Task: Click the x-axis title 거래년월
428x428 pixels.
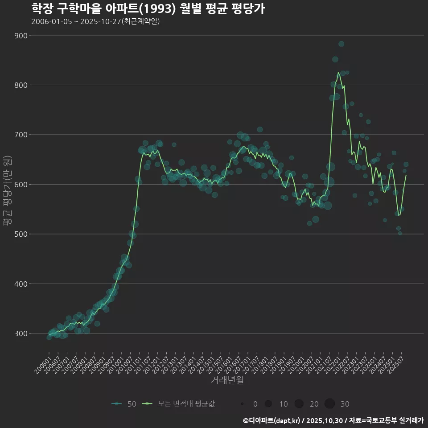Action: click(227, 380)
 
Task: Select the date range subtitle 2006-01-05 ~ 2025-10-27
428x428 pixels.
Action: click(95, 21)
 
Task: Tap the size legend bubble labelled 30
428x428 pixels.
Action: click(329, 404)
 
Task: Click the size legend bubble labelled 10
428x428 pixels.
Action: click(268, 404)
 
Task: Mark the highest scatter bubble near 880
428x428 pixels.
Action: click(341, 44)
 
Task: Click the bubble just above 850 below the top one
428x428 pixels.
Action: click(335, 59)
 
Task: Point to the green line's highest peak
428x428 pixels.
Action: click(338, 73)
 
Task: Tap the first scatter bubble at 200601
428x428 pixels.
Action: click(49, 337)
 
